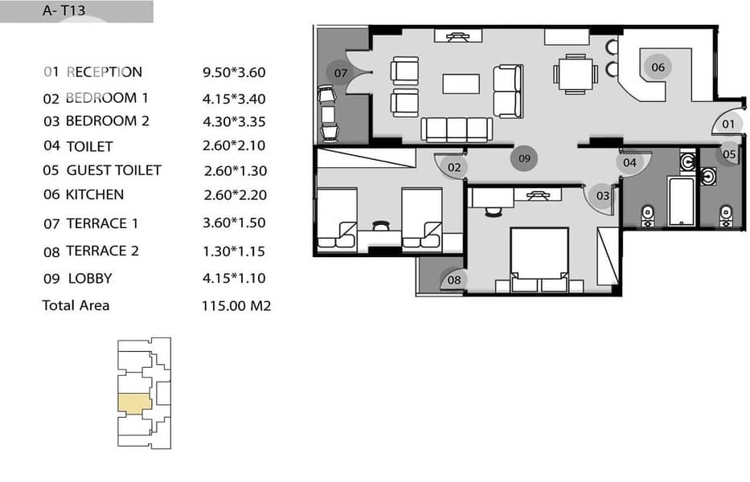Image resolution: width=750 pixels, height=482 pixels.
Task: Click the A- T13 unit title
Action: point(64,10)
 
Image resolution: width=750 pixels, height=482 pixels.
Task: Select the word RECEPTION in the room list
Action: point(104,72)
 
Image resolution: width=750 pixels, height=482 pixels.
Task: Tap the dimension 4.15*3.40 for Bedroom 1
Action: point(234,99)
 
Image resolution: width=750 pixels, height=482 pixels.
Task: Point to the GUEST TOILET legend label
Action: point(114,170)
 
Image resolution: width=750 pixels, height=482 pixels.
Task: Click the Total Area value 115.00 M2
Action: point(236,305)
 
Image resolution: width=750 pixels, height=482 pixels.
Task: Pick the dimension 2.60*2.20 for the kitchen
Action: point(235,195)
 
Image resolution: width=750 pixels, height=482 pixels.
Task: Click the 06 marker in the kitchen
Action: point(658,67)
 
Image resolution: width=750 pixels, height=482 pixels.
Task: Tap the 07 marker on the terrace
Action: point(340,73)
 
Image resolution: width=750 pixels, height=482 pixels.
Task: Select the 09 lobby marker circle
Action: point(524,158)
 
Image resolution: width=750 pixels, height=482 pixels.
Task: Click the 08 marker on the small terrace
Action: point(453,280)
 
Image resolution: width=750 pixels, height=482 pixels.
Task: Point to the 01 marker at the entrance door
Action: point(728,125)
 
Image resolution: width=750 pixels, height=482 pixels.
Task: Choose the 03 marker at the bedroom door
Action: point(602,195)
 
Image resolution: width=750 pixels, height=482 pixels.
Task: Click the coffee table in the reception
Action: point(461,84)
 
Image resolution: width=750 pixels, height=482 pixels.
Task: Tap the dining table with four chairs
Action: point(576,74)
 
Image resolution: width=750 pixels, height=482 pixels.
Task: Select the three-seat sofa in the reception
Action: point(457,129)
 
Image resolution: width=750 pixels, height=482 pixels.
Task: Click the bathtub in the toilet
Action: point(681,201)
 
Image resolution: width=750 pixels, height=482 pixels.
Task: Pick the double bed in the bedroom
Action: point(539,259)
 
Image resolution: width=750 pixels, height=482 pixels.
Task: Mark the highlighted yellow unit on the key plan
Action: point(134,404)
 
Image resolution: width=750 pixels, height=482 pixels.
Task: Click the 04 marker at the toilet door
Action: point(629,163)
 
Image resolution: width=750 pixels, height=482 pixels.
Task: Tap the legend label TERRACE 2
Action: point(102,251)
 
